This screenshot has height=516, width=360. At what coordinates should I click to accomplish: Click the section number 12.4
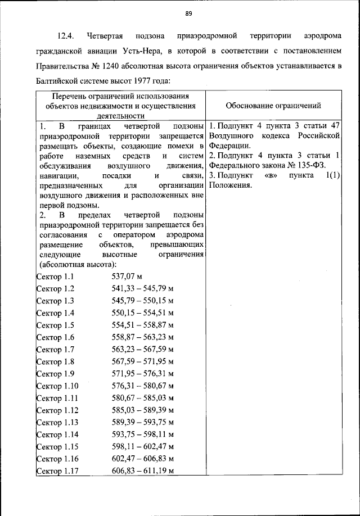[x=67, y=37]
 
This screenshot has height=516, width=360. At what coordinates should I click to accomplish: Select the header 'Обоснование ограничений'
[x=273, y=105]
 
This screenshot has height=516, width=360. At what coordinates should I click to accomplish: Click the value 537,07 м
[x=128, y=277]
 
